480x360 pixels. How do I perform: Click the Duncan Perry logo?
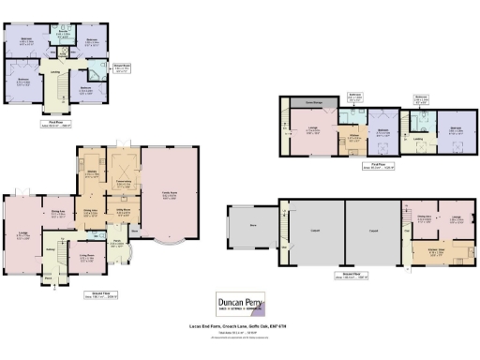(241, 304)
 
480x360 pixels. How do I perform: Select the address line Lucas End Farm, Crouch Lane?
(240, 327)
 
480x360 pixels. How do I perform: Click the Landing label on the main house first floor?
(56, 73)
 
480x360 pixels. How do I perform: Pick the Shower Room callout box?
(121, 67)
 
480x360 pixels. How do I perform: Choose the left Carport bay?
(314, 230)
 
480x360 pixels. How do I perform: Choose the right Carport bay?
(371, 230)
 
